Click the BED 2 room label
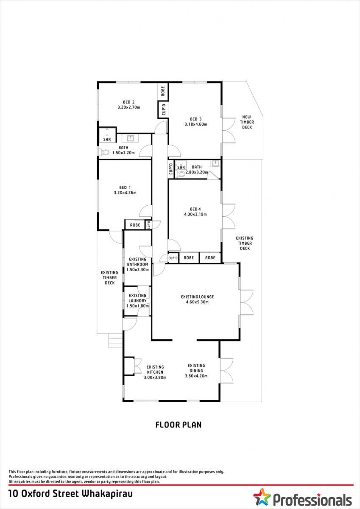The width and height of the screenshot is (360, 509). pos(128,102)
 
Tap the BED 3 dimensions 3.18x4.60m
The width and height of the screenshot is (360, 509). pos(196,124)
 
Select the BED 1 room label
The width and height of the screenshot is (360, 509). pos(125,187)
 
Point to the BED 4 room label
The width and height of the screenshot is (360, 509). pos(195,209)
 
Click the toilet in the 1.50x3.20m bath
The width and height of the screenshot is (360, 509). pos(104,152)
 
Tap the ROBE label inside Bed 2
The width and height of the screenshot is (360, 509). pos(163,91)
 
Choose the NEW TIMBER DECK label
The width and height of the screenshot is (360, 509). pos(247,122)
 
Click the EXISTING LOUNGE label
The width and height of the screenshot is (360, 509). pos(197,297)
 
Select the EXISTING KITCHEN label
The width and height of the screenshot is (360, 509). pos(155,369)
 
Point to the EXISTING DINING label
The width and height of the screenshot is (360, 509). pos(196,368)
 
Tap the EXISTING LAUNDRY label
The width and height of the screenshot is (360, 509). pos(137,298)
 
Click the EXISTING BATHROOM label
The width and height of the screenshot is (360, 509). pos(137,262)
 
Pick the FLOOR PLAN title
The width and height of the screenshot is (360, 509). pos(179,425)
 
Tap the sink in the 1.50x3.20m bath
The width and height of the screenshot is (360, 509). pos(130,138)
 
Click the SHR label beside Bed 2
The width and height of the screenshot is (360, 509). pos(107,139)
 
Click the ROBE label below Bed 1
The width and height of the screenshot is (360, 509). pos(135,225)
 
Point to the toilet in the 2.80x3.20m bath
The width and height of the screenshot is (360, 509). pos(181,174)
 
